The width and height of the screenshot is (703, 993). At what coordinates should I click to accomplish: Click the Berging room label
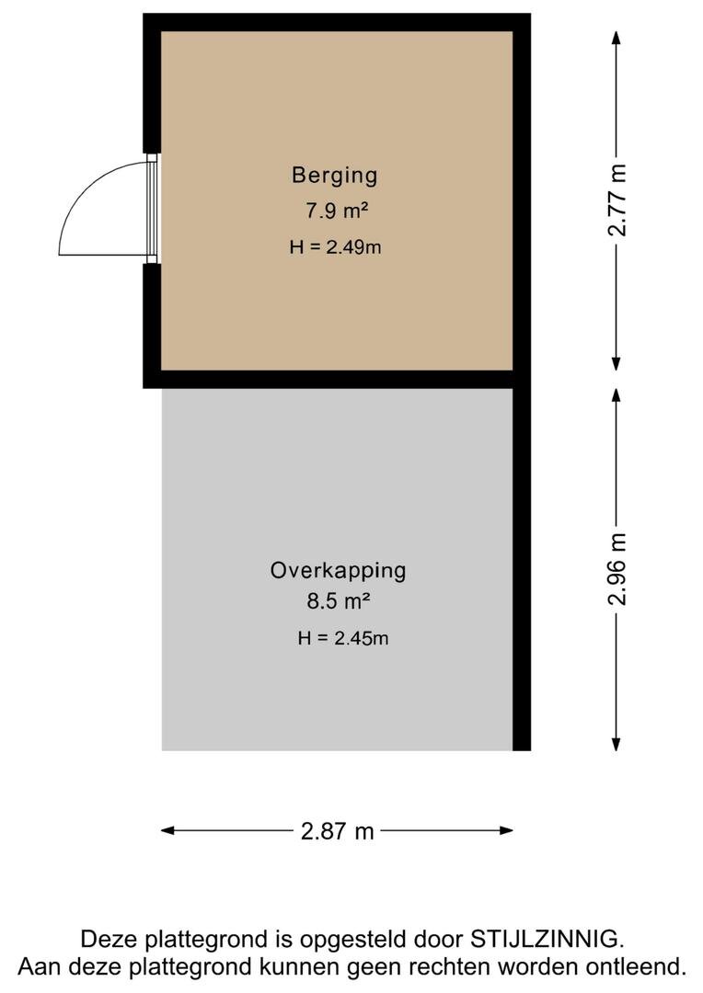(x=335, y=174)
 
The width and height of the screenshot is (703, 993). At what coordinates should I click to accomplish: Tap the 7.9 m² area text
(x=337, y=211)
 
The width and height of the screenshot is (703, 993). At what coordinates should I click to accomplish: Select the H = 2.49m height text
(x=334, y=246)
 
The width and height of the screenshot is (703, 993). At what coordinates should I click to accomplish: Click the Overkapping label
(x=338, y=570)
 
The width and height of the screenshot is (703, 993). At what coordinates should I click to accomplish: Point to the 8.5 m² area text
(x=338, y=602)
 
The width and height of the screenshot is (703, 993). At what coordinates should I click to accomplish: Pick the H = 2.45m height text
(x=342, y=638)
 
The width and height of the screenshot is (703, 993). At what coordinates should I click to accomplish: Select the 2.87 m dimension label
(x=338, y=831)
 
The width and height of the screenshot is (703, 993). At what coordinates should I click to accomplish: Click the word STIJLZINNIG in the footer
(x=547, y=940)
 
